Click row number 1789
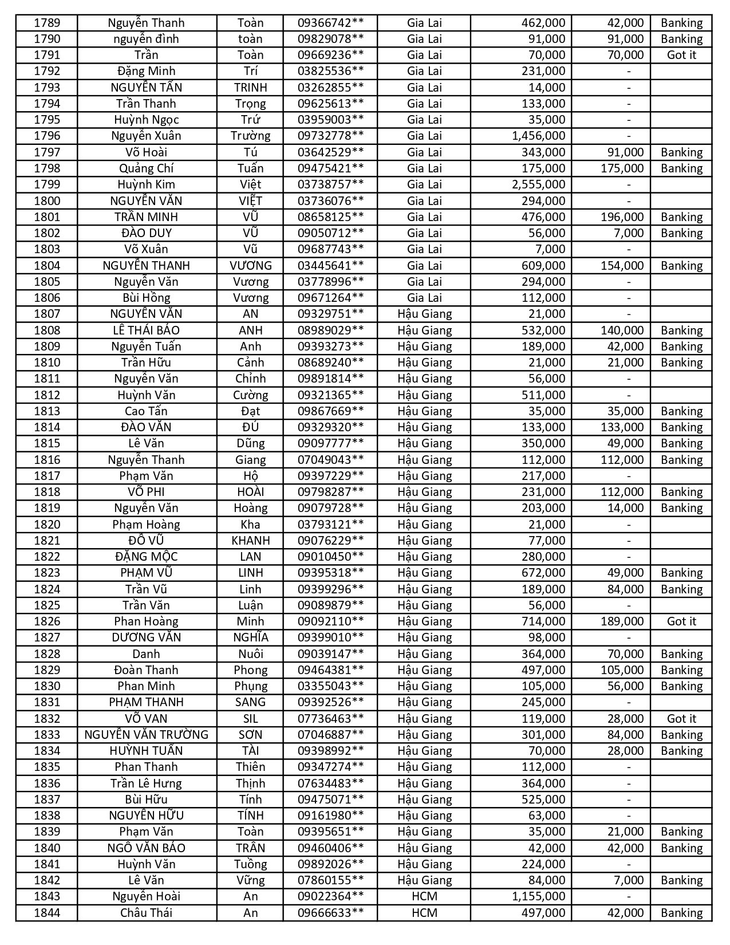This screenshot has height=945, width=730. coord(47,23)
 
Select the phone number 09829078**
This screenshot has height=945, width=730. coord(330,39)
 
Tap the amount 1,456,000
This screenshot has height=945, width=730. coord(538,136)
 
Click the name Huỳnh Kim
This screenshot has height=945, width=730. coord(147,184)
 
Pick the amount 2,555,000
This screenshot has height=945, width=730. coord(538,184)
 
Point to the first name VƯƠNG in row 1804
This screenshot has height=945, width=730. coord(250,266)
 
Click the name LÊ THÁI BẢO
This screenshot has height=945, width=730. coord(147,330)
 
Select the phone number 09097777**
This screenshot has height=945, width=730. coord(330,443)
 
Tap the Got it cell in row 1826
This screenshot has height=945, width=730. coord(681,621)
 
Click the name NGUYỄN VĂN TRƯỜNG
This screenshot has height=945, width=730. coord(147,735)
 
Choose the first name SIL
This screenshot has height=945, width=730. coord(250,719)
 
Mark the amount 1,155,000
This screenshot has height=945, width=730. coord(538,896)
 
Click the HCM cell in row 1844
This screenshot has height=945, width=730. coord(424,913)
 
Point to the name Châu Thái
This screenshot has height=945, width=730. coord(147,913)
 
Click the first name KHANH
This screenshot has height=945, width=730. coord(250,541)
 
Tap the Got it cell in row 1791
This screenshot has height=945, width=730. coord(681,55)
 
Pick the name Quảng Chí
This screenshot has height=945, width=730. coord(147,168)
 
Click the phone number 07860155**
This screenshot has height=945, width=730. coord(330,880)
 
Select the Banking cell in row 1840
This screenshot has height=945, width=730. coord(681,848)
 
